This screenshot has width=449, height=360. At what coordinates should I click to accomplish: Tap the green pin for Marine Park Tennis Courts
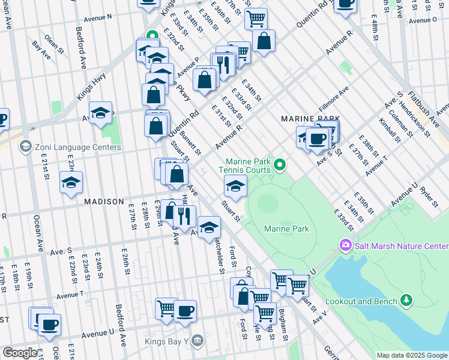coord(279,164)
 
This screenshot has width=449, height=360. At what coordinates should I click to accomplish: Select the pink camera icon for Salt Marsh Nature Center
coord(345,245)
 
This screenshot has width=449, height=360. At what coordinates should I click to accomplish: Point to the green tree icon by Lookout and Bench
coord(407,299)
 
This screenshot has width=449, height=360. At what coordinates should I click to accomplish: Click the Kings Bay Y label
coord(167,342)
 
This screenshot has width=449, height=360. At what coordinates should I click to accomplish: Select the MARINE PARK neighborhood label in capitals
coord(310,119)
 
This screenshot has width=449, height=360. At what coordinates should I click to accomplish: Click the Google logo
coord(20,353)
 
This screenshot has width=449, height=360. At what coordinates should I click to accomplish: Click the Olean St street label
coord(53,40)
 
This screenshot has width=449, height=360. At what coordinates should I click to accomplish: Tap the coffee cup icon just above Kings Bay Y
coord(185,311)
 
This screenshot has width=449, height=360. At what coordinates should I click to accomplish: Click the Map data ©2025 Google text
coord(411,355)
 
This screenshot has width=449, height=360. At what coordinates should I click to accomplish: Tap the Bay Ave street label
coord(41,50)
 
